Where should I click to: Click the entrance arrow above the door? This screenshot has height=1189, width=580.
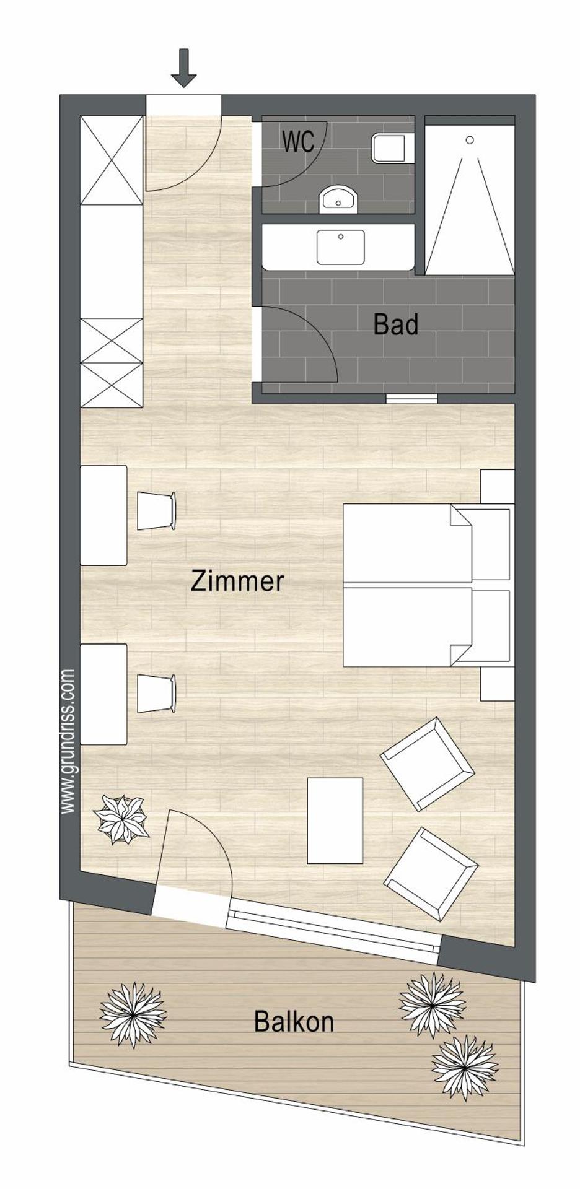pyautogui.click(x=183, y=68)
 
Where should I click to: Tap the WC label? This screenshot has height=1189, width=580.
pyautogui.click(x=298, y=142)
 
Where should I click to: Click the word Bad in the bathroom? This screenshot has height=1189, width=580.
pyautogui.click(x=395, y=324)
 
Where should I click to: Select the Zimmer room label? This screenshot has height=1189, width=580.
pyautogui.click(x=237, y=581)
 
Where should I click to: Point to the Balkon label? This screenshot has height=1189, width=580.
pyautogui.click(x=294, y=1022)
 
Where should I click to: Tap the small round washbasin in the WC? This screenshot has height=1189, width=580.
pyautogui.click(x=338, y=199)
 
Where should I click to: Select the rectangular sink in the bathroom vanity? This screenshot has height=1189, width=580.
pyautogui.click(x=340, y=247)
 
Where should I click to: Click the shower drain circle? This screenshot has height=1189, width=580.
pyautogui.click(x=470, y=141)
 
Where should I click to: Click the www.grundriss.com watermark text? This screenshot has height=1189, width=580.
pyautogui.click(x=68, y=741)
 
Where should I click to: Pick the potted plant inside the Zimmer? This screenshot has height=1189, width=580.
pyautogui.click(x=122, y=819)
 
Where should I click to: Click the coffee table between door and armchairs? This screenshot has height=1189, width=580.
pyautogui.click(x=335, y=821)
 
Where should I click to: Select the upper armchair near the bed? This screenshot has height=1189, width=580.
pyautogui.click(x=428, y=764)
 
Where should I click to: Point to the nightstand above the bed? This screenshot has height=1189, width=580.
pyautogui.click(x=497, y=487)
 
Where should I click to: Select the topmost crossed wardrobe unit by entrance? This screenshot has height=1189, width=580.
pyautogui.click(x=112, y=160)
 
